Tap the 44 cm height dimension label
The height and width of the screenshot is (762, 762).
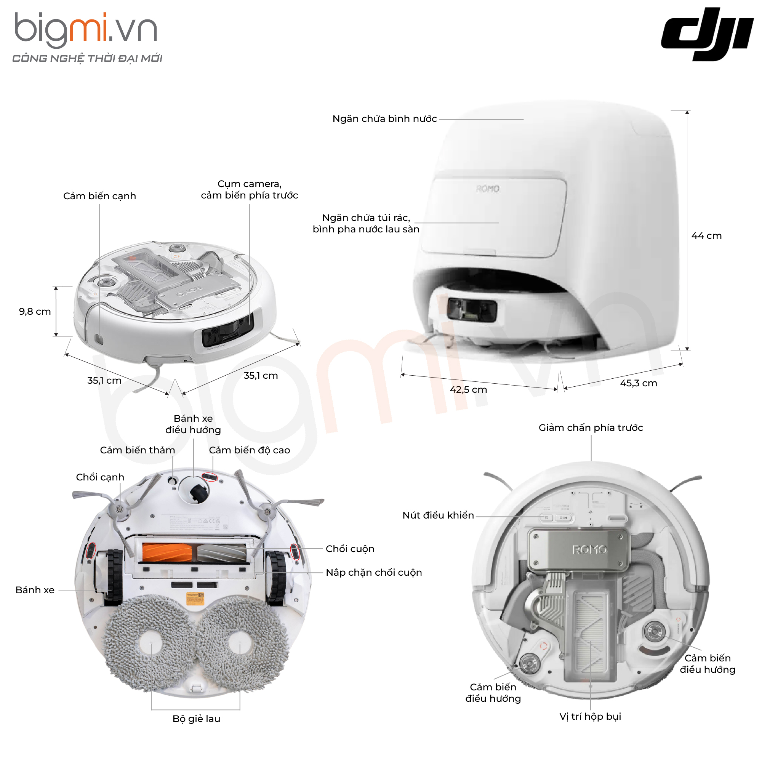tap(706, 236)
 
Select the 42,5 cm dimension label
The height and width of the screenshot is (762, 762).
tap(468, 390)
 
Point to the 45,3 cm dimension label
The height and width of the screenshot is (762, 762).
tap(638, 383)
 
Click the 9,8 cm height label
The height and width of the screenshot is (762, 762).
tap(35, 312)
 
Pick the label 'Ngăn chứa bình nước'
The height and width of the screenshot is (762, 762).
tap(384, 119)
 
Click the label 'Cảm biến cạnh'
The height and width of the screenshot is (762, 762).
tap(99, 196)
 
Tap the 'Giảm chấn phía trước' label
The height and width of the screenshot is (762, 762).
tap(591, 427)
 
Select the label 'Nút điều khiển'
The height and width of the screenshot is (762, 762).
tap(438, 515)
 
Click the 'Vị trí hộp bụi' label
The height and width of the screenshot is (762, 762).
tap(590, 716)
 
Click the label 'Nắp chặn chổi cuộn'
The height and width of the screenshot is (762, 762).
tap(373, 572)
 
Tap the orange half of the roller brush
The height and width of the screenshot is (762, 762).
tap(167, 552)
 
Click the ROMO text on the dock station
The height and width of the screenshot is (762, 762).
tap(488, 189)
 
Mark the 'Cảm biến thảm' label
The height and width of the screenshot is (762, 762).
tap(137, 450)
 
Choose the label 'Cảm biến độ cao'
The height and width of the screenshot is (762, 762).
tap(249, 450)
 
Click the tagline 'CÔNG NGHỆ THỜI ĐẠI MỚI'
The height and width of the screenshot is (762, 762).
tap(87, 58)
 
